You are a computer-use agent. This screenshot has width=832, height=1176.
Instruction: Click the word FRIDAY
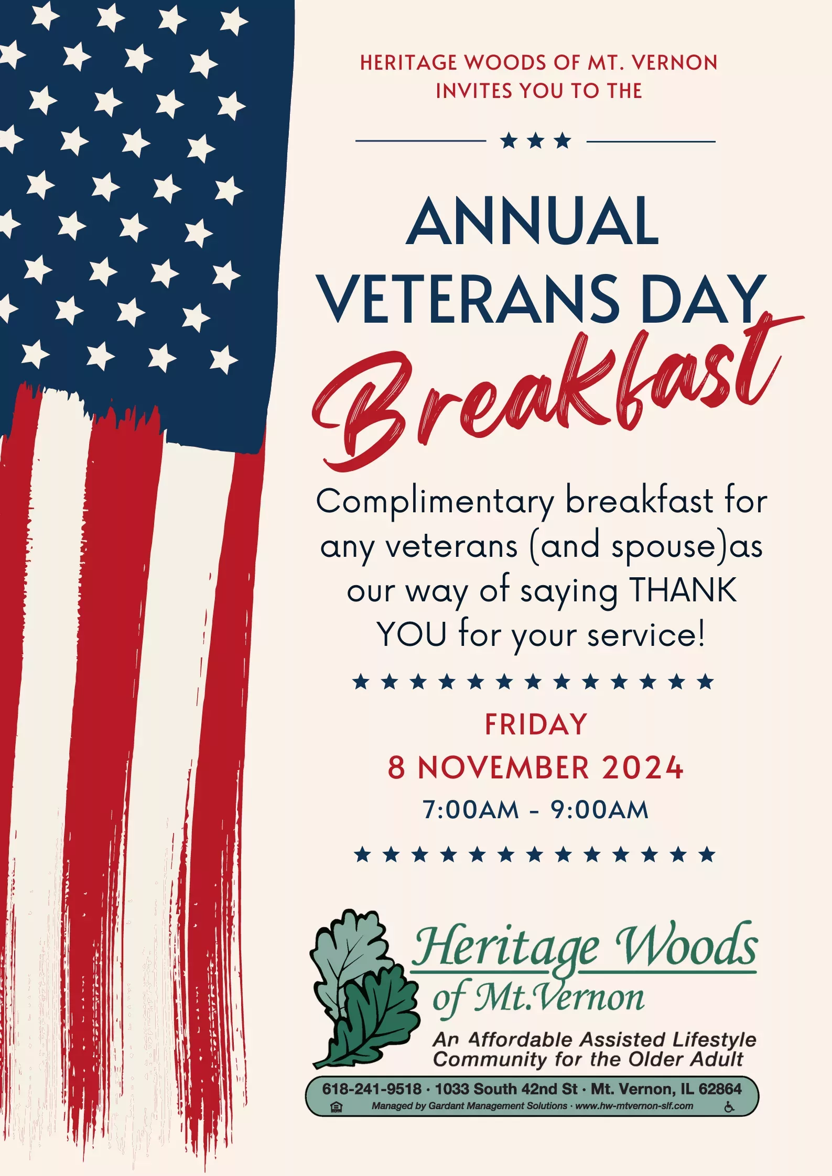(536, 724)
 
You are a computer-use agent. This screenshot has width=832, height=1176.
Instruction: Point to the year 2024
(643, 768)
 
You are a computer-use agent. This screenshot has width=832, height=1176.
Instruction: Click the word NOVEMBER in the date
(504, 768)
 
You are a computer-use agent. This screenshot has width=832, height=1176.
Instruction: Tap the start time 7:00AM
(471, 810)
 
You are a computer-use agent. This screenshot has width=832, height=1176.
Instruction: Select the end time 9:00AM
(599, 810)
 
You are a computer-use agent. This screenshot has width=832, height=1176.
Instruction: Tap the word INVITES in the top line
(474, 91)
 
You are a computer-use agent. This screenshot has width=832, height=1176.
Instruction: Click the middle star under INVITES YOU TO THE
(536, 140)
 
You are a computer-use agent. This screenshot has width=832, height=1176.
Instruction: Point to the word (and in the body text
(565, 546)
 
